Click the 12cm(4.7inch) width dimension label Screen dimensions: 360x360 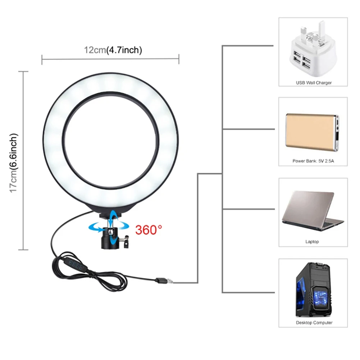click(113, 50)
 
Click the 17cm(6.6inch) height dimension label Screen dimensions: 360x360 click(14, 163)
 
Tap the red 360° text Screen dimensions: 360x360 click(149, 229)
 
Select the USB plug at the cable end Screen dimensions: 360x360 click(164, 281)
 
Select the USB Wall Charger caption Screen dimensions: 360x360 click(314, 83)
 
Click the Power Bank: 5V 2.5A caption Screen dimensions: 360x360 click(313, 161)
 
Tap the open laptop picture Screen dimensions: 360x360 click(313, 211)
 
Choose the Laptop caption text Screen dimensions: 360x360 click(312, 242)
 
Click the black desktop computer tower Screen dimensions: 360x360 click(314, 290)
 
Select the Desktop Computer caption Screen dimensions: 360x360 click(314, 323)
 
